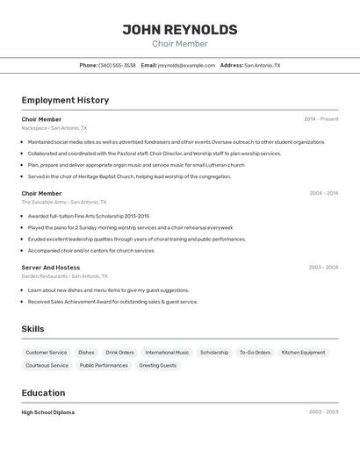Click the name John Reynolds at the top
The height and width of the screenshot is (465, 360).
180,30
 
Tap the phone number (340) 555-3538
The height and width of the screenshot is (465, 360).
117,65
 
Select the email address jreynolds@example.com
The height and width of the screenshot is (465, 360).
186,65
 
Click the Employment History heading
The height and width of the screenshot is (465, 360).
65,100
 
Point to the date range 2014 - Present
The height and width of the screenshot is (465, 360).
320,119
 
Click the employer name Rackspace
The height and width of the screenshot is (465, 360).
34,128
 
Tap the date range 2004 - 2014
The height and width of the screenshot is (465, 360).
323,193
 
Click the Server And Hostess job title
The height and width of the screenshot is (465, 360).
50,268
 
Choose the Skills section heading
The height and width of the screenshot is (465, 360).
32,329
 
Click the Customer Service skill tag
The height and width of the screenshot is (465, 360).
46,353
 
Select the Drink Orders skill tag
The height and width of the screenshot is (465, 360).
119,353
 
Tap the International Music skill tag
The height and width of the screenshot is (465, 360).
167,353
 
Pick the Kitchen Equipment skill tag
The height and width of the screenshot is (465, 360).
303,353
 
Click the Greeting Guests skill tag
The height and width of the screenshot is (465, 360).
157,365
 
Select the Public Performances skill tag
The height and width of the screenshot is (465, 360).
104,365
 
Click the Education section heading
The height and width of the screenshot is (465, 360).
43,393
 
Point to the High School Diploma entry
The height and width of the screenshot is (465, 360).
47,412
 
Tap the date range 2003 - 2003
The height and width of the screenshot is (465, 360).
323,412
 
